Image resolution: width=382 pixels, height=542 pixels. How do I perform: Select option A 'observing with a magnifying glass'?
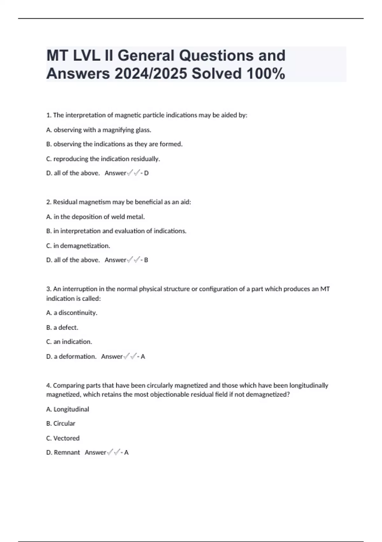click(99, 130)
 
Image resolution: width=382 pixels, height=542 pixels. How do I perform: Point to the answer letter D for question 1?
click(146, 173)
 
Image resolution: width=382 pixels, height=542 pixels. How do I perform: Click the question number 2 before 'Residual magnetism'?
click(48, 202)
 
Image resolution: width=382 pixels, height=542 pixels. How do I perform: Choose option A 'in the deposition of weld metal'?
click(95, 217)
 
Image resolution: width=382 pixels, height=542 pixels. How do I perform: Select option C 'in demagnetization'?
click(78, 246)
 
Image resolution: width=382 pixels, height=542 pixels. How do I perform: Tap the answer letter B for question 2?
click(146, 260)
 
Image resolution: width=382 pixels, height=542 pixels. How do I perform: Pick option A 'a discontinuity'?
click(72, 313)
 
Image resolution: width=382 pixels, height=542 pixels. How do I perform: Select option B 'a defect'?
click(62, 327)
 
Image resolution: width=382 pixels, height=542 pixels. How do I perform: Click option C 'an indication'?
click(69, 342)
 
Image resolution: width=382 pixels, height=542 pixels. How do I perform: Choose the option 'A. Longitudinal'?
click(67, 409)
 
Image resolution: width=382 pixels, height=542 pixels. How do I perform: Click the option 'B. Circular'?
click(61, 423)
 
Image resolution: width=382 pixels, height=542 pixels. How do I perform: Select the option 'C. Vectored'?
click(63, 438)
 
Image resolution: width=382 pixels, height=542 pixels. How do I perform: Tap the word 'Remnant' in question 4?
click(67, 452)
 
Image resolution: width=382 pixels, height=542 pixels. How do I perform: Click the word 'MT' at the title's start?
click(57, 55)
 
